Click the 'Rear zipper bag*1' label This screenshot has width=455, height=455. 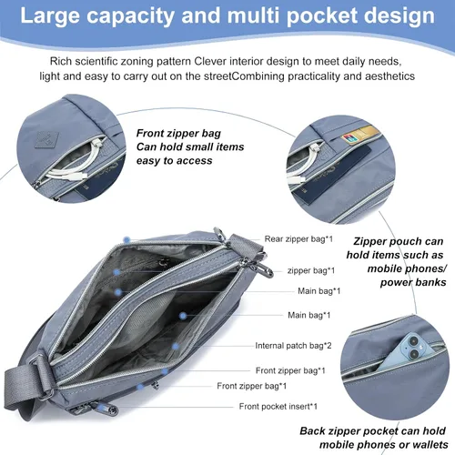click(x=298, y=239)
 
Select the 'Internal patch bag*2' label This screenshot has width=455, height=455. click(x=293, y=346)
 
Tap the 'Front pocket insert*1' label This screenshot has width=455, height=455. click(x=278, y=406)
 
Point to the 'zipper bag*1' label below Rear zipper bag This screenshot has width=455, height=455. click(x=311, y=270)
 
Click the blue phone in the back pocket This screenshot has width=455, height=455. click(x=408, y=352)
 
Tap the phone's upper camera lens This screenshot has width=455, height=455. click(x=414, y=342)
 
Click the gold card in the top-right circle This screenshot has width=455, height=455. click(x=366, y=134)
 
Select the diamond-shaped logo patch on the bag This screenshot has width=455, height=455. click(x=47, y=140)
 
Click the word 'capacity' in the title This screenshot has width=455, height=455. click(x=130, y=16)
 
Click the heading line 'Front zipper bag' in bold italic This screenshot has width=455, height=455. click(x=178, y=133)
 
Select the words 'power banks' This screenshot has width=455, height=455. click(x=413, y=282)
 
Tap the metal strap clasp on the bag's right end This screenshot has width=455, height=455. click(x=260, y=266)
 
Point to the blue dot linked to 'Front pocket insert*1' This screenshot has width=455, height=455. click(x=140, y=387)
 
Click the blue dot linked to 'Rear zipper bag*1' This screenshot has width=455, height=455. click(x=127, y=240)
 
